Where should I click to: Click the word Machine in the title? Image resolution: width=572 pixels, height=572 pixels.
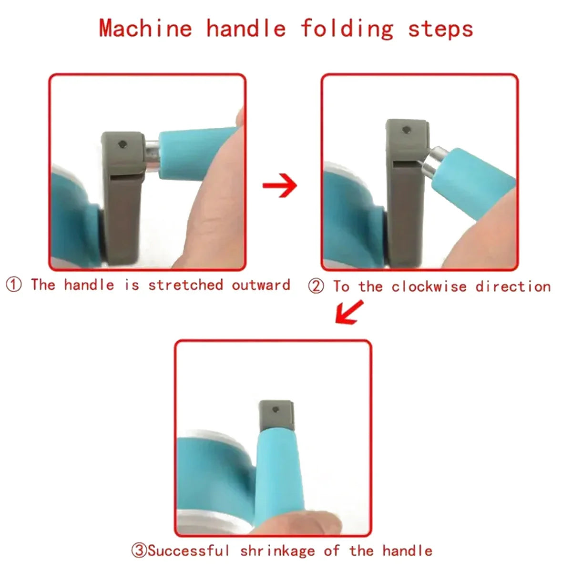[145, 29]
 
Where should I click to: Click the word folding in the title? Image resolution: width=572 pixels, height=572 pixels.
[347, 30]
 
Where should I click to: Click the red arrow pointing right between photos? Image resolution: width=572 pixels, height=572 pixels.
[280, 185]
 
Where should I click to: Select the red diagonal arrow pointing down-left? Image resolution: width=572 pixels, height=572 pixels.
[349, 312]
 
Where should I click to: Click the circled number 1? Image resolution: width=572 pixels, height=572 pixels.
[14, 285]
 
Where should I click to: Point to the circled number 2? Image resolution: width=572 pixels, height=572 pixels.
[316, 286]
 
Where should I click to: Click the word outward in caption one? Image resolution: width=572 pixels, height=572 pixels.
[261, 285]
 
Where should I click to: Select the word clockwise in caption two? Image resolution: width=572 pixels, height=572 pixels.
[429, 286]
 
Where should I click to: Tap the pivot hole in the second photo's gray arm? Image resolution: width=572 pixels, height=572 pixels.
[407, 130]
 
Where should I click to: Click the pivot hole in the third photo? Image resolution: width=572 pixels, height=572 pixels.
[276, 410]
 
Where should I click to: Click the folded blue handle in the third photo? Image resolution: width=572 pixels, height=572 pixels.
[279, 478]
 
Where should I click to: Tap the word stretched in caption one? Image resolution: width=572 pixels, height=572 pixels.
[185, 285]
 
